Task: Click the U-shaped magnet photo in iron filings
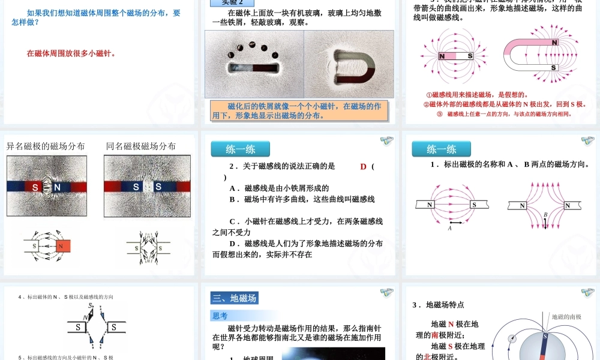[349, 64]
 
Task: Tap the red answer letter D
[363, 167]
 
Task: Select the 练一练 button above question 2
[240, 149]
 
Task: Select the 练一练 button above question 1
[441, 149]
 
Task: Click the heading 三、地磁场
[235, 298]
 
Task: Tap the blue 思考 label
[220, 316]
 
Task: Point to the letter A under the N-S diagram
[449, 228]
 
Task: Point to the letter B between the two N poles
[545, 215]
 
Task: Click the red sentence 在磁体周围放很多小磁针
[71, 53]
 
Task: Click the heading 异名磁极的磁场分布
[46, 146]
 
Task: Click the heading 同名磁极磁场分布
[141, 146]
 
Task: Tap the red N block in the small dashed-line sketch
[62, 246]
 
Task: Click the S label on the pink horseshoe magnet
[553, 68]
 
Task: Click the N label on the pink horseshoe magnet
[554, 43]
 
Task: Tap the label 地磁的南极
[566, 317]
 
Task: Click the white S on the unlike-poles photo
[35, 187]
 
